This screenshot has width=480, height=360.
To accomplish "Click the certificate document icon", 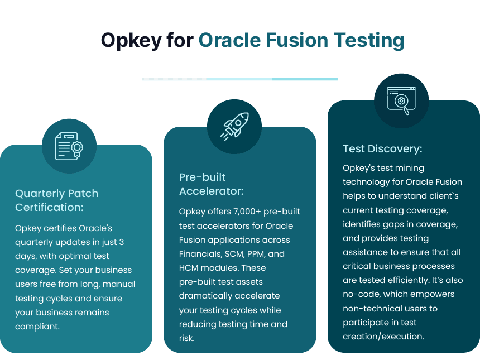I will pos(69,146).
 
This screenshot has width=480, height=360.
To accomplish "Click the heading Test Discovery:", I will pos(382,149).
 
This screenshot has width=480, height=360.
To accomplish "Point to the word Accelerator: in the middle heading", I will pos(211,191).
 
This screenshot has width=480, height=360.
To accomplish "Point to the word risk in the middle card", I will pos(186,338).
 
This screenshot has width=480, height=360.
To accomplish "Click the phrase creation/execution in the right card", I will pos(383,336).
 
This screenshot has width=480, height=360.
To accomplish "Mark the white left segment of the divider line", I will pos(175,79).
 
